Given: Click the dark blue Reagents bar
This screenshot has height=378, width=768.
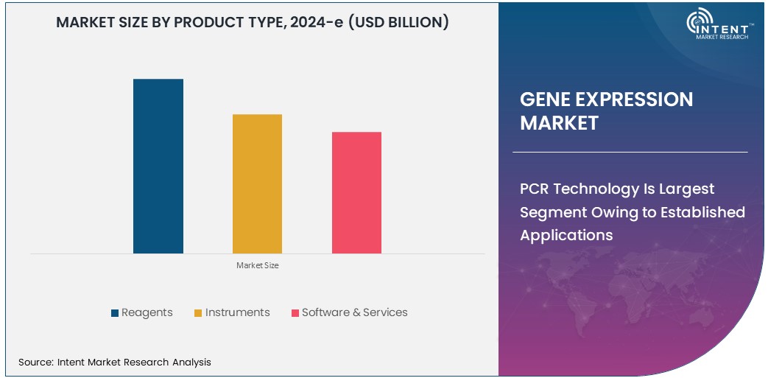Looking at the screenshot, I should click(158, 166).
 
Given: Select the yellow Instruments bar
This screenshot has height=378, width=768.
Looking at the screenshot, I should click(257, 183).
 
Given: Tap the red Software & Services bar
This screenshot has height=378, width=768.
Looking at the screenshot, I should click(356, 192).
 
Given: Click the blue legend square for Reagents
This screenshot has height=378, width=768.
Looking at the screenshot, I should click(115, 313).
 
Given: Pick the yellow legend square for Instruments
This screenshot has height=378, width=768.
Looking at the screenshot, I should click(198, 313).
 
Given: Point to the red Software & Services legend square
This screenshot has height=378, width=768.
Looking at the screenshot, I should click(295, 313).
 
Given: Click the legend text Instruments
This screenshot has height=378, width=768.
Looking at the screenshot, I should click(237, 312).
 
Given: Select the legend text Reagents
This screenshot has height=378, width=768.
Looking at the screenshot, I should click(147, 312).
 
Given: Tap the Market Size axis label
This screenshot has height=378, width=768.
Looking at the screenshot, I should click(257, 265).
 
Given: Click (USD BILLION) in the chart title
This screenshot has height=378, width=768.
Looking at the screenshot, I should click(398, 22).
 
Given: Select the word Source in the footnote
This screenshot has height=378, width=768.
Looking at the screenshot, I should click(35, 362).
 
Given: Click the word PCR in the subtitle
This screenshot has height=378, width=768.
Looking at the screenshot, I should click(534, 189).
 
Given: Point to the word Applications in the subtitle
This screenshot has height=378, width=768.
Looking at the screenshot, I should click(566, 235).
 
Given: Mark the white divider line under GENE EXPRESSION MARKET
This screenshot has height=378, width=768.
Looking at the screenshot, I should click(630, 152).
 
